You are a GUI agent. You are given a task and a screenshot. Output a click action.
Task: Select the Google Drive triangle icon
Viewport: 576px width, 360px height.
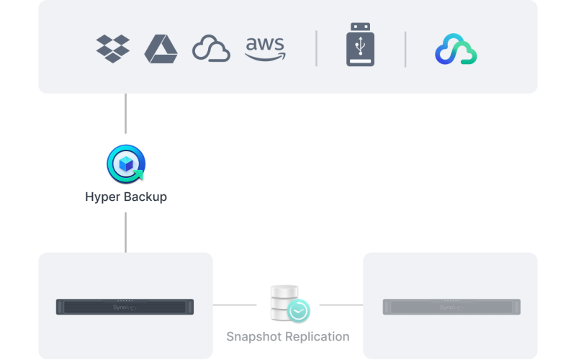pyautogui.click(x=161, y=49)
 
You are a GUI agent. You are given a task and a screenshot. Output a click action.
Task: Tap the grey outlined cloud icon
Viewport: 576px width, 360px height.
pyautogui.click(x=211, y=50)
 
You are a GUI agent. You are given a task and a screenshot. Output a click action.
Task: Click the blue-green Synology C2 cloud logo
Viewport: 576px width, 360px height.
pyautogui.click(x=456, y=50)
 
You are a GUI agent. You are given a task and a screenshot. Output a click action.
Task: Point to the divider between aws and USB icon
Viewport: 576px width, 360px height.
pyautogui.click(x=316, y=49)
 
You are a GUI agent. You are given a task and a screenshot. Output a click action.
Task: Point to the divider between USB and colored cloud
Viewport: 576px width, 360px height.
pyautogui.click(x=405, y=49)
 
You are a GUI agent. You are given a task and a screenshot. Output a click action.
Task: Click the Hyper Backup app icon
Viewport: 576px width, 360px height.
pyautogui.click(x=125, y=165)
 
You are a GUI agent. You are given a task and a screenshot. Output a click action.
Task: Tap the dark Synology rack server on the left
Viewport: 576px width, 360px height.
pyautogui.click(x=125, y=307)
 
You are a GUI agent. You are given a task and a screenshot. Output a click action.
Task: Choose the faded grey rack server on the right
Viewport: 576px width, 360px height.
pyautogui.click(x=451, y=307)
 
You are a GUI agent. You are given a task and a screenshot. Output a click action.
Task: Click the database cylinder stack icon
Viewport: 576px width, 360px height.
pyautogui.click(x=283, y=302)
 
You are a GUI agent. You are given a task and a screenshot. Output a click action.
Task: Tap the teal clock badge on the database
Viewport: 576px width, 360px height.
pyautogui.click(x=298, y=311)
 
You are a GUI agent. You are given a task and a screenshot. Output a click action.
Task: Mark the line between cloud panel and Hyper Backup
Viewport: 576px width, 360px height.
pyautogui.click(x=126, y=113)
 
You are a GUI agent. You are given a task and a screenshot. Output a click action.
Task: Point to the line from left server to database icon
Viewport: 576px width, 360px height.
pyautogui.click(x=235, y=305)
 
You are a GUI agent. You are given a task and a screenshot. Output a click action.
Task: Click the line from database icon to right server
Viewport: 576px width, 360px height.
pyautogui.click(x=341, y=305)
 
